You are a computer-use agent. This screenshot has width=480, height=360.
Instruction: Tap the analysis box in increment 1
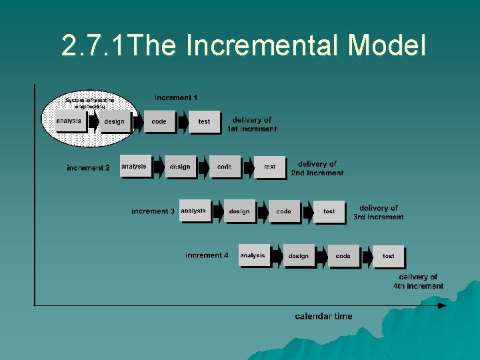[x=69, y=121]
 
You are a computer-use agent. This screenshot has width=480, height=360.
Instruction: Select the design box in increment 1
[x=114, y=122]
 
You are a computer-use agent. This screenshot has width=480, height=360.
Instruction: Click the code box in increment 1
[x=159, y=122]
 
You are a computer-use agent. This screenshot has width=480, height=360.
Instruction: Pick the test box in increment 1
[x=204, y=122]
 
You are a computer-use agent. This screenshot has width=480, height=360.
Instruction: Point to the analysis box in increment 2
[x=134, y=167]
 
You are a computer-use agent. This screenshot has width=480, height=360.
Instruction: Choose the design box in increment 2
[x=180, y=167]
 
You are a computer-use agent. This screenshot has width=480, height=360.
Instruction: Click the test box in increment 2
[x=270, y=167]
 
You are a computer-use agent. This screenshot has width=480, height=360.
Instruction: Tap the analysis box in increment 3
[x=193, y=211]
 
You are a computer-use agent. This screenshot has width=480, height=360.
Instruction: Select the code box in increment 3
[x=284, y=211]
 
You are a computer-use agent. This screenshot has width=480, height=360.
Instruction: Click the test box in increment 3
[x=329, y=211]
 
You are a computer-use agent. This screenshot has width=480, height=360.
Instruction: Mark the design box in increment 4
[x=299, y=256]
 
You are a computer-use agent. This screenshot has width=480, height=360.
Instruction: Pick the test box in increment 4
[x=389, y=256]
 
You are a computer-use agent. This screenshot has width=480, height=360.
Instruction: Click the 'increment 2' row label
[x=88, y=168]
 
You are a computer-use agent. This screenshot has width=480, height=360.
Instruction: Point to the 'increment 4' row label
[x=207, y=255]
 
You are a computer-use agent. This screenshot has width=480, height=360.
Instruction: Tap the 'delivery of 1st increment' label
[x=252, y=125]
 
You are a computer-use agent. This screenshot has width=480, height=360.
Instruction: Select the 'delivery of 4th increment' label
[x=418, y=281]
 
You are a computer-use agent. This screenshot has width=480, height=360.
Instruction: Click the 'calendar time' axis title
[x=323, y=316]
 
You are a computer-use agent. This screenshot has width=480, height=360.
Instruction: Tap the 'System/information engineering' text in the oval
[x=90, y=103]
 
